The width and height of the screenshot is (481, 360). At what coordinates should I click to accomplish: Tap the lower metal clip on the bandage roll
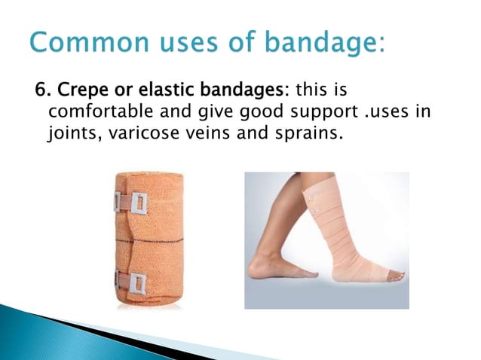tap(136, 282)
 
